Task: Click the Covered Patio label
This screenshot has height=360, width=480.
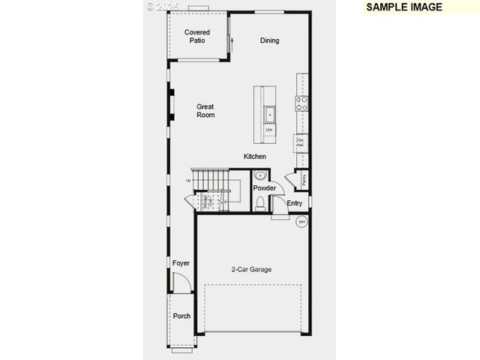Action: pyautogui.click(x=197, y=36)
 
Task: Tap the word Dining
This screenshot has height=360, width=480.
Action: pyautogui.click(x=269, y=40)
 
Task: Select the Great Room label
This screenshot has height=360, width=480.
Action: pyautogui.click(x=205, y=111)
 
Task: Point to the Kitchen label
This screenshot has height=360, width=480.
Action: pyautogui.click(x=255, y=157)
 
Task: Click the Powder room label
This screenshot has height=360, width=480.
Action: pyautogui.click(x=264, y=188)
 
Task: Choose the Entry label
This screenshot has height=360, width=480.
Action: pyautogui.click(x=295, y=203)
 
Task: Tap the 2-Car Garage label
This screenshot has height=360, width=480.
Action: pyautogui.click(x=251, y=269)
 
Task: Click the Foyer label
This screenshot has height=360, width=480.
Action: pyautogui.click(x=181, y=263)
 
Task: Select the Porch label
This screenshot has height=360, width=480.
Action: pyautogui.click(x=181, y=316)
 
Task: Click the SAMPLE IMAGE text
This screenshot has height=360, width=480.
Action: pyautogui.click(x=404, y=7)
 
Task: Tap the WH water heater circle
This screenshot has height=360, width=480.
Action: pyautogui.click(x=301, y=221)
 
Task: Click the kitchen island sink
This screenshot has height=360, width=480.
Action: pyautogui.click(x=270, y=115)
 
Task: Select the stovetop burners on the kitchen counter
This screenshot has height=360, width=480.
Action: pyautogui.click(x=302, y=103)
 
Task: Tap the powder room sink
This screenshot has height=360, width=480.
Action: pyautogui.click(x=260, y=175)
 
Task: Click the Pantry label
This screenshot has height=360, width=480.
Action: pyautogui.click(x=304, y=179)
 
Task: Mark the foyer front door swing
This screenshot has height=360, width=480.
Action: pyautogui.click(x=181, y=283)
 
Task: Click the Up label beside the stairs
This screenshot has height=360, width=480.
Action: pyautogui.click(x=189, y=180)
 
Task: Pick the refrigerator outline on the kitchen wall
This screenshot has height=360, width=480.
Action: pyautogui.click(x=300, y=141)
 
